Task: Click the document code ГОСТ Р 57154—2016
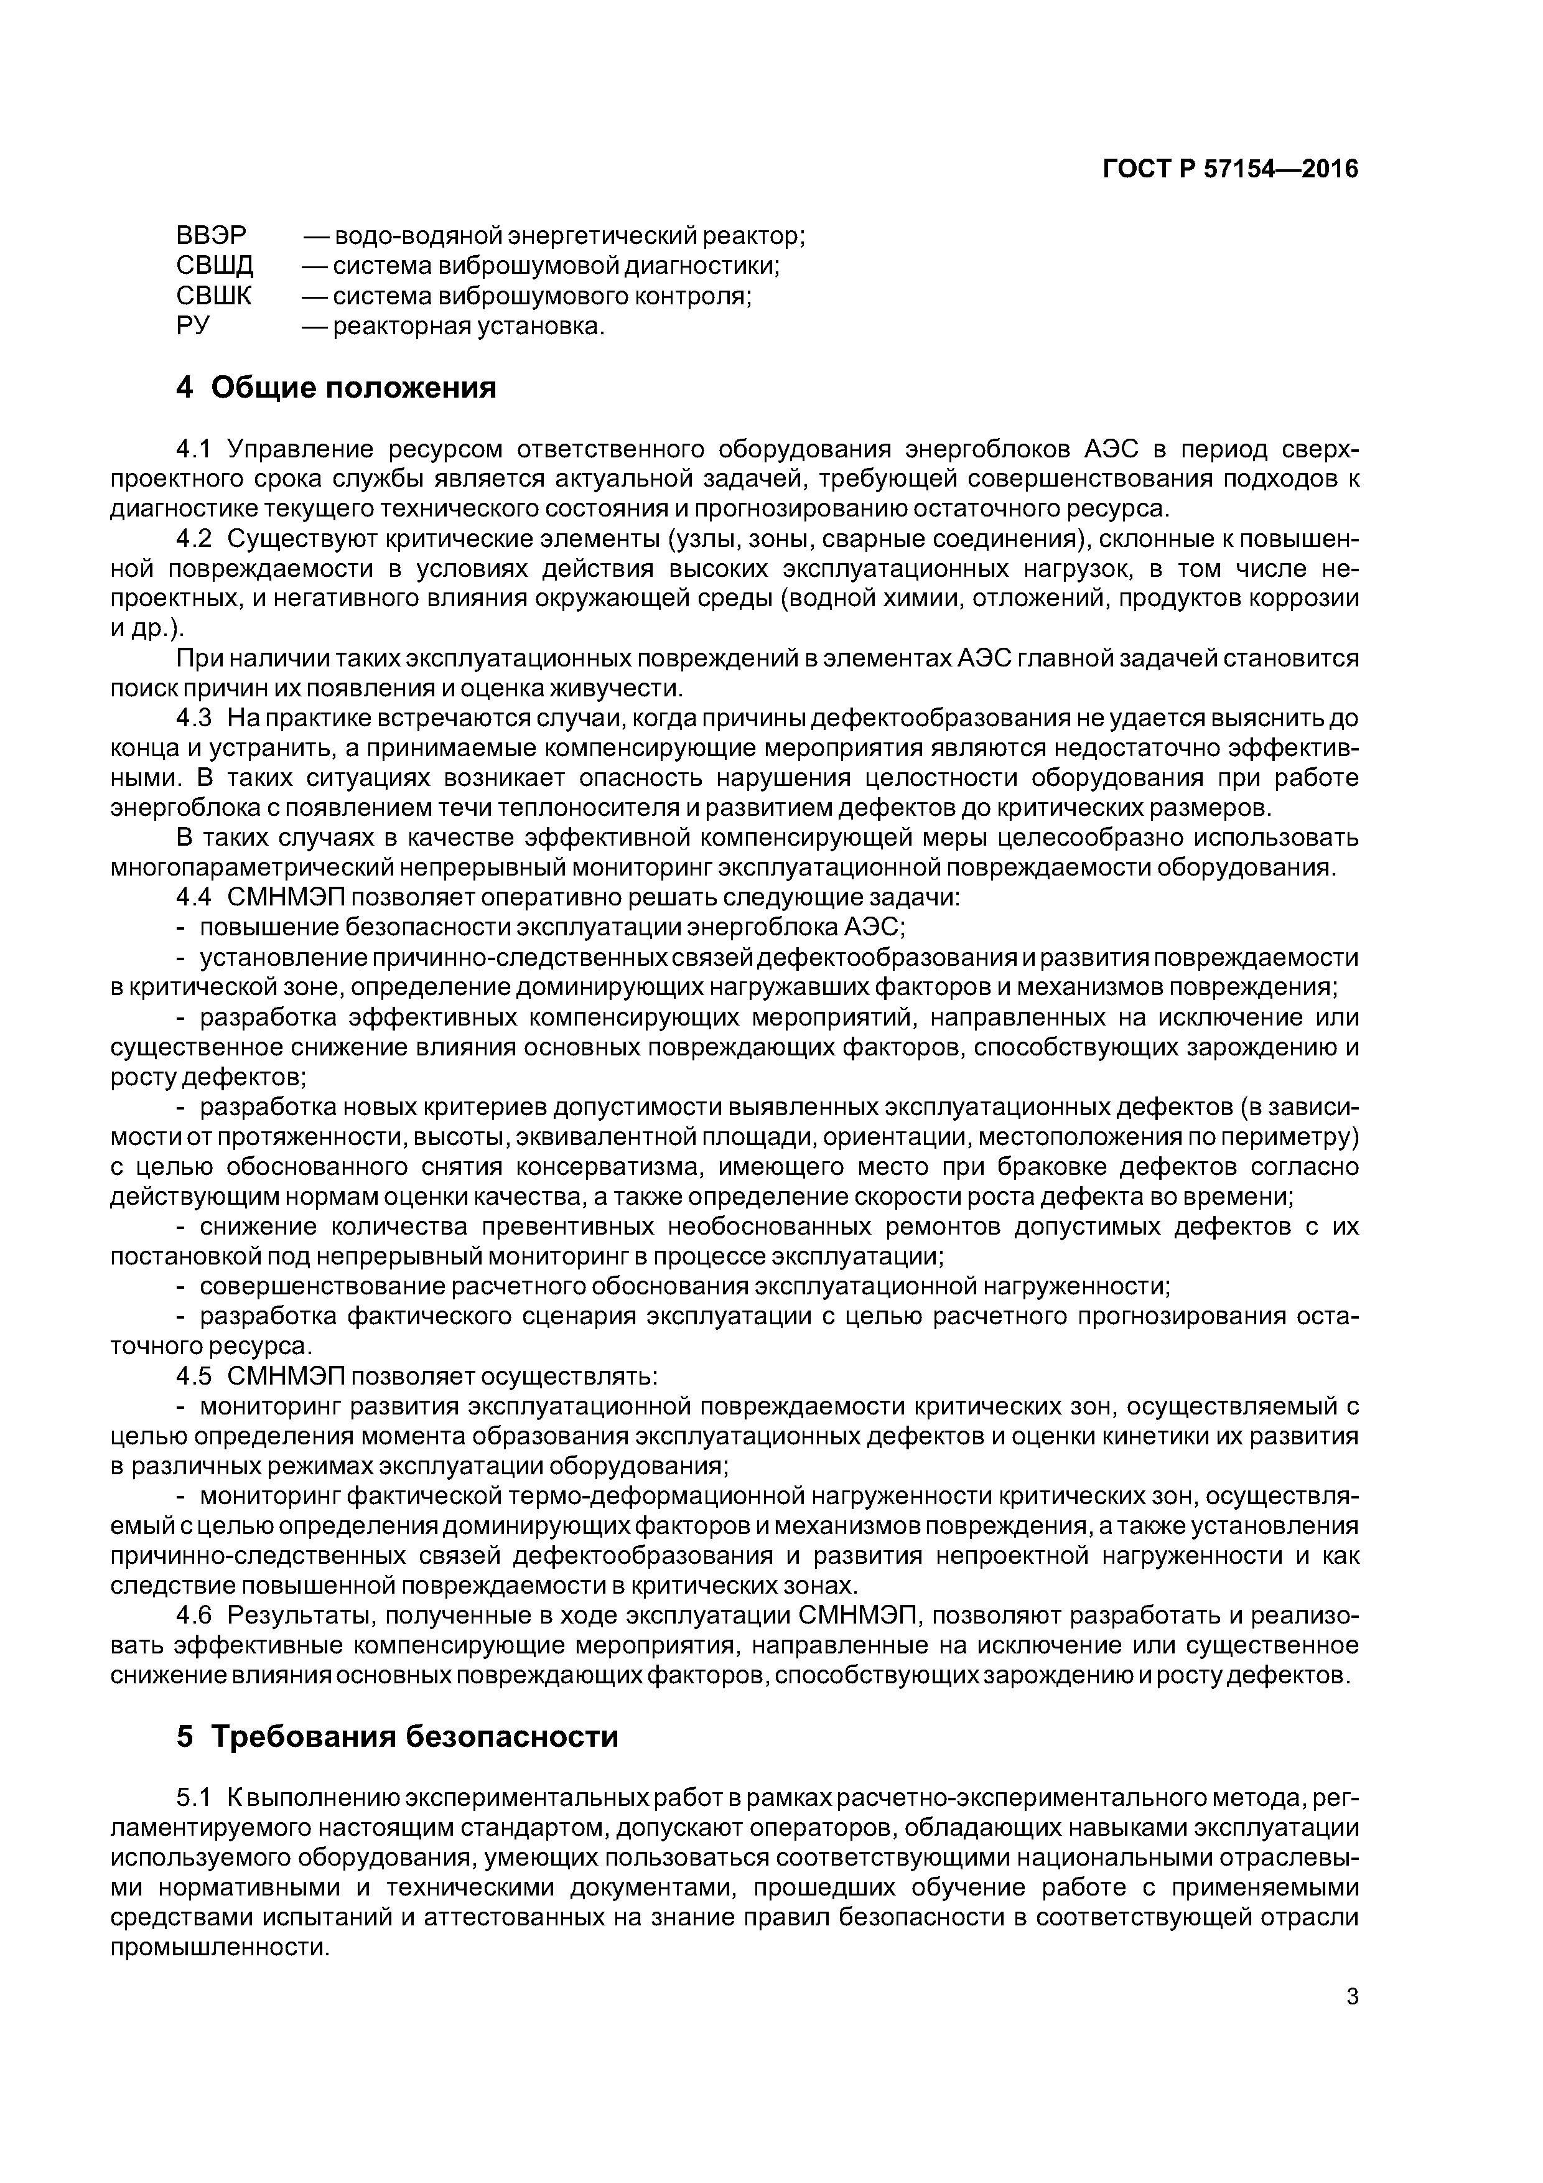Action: coord(1229,169)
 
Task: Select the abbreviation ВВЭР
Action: coord(211,235)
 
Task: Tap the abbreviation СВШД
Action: coord(215,265)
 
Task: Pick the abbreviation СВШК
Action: coord(214,296)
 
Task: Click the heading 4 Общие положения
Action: coord(337,388)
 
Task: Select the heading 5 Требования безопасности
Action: coord(398,1736)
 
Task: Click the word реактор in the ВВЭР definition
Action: coord(756,235)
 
